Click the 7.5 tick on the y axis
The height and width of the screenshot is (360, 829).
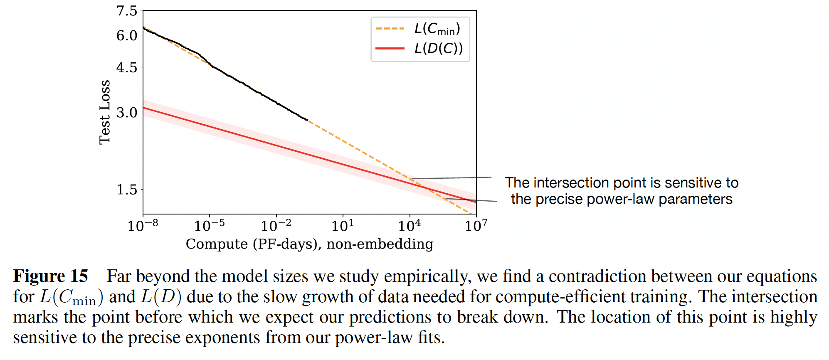click(x=127, y=11)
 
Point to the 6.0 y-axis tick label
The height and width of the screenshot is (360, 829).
click(x=127, y=35)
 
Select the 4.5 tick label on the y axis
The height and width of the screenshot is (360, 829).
click(x=127, y=67)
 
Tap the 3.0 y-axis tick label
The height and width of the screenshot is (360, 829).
click(x=127, y=112)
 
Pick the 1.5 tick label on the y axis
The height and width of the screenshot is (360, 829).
click(x=127, y=190)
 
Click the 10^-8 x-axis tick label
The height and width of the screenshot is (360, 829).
click(x=143, y=225)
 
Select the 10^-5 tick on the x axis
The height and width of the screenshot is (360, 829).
click(x=209, y=225)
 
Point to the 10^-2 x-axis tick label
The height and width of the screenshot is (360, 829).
click(x=276, y=225)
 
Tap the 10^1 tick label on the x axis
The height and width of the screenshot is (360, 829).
click(x=343, y=225)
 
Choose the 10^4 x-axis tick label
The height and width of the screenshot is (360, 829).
click(x=410, y=225)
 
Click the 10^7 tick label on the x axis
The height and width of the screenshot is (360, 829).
click(x=476, y=225)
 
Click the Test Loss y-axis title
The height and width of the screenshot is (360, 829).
click(x=105, y=112)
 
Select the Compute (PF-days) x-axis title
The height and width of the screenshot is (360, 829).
click(x=309, y=244)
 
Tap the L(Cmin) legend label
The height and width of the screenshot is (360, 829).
click(x=437, y=29)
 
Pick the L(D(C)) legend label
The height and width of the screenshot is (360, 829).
click(x=439, y=49)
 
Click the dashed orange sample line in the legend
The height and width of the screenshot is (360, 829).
click(x=390, y=29)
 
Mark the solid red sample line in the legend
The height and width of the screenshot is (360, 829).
click(x=390, y=49)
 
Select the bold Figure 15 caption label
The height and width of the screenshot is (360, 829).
click(x=51, y=276)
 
